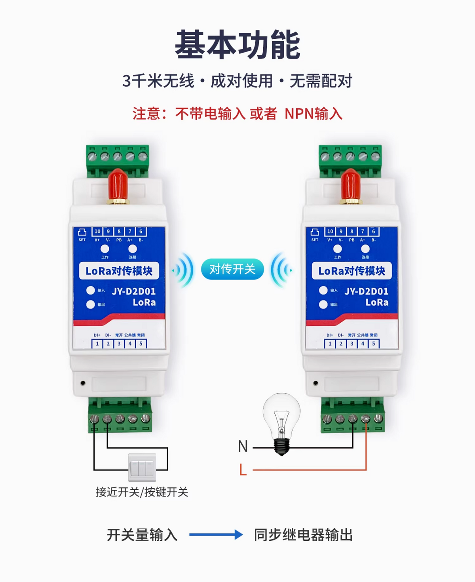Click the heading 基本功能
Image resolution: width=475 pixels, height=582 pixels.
[x=237, y=44]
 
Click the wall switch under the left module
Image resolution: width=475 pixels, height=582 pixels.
[x=142, y=467]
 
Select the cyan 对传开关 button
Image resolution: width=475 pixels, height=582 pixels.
[x=232, y=269]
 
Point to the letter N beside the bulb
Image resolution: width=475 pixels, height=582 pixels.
[x=243, y=446]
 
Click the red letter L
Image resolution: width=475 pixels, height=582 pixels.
[x=243, y=470]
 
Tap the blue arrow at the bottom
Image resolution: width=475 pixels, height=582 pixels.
[x=216, y=534]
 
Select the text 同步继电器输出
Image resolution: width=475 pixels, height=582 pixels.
[x=303, y=534]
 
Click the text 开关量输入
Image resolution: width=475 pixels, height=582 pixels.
[x=142, y=534]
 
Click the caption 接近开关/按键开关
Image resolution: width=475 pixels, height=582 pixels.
[x=142, y=492]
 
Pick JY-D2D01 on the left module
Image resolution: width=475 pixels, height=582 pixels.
[x=134, y=291]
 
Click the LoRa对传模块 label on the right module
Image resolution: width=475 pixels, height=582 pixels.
[x=351, y=271]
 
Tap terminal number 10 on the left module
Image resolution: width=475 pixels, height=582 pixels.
[x=97, y=231]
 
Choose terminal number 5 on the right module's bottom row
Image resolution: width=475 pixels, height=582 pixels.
[x=373, y=344]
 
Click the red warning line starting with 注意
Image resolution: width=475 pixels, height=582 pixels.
[x=237, y=114]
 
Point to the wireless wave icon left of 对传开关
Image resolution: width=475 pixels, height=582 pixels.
[x=184, y=270]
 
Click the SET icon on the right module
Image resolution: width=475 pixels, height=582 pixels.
[x=315, y=232]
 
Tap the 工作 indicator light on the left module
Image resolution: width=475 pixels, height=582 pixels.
[x=104, y=249]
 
